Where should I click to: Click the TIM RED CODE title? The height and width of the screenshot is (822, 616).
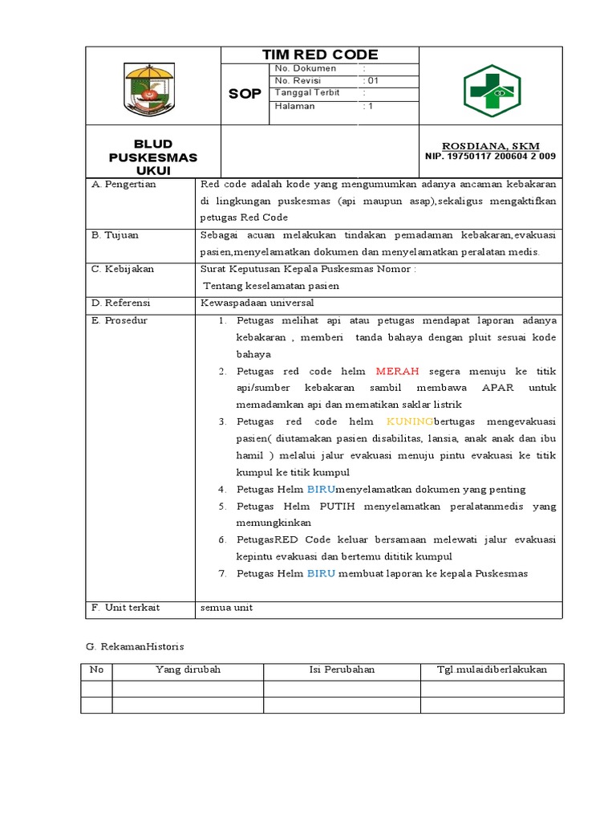320,55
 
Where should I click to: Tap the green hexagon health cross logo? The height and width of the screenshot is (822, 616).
492,90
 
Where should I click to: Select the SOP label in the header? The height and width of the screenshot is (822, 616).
245,94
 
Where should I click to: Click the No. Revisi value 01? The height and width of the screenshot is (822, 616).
372,80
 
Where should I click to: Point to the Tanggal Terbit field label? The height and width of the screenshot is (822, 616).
307,93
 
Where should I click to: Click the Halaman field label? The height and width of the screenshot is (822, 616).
294,106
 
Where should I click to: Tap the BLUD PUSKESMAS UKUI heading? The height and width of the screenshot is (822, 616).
153,157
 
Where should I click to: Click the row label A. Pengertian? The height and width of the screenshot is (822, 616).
124,184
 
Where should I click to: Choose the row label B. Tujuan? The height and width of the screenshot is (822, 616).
117,235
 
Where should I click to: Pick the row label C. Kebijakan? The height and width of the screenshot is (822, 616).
123,269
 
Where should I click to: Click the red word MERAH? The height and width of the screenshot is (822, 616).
397,372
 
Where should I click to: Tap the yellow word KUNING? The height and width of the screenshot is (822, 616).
409,421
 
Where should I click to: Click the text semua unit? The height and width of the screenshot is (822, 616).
226,608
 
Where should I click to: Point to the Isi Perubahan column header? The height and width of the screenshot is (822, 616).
342,669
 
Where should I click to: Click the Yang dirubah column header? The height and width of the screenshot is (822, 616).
188,669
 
